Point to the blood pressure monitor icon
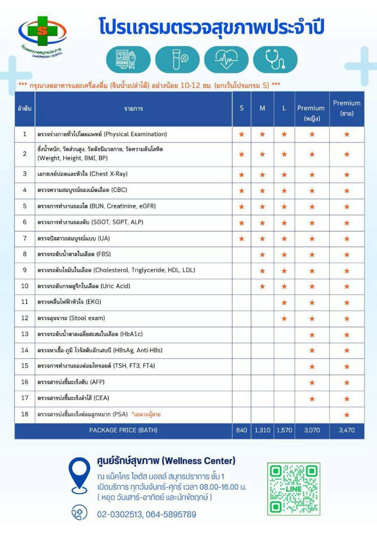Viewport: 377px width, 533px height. point(128,60)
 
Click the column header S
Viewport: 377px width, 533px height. point(242,108)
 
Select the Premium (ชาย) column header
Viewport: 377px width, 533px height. point(347,108)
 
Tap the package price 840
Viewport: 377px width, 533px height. point(242,430)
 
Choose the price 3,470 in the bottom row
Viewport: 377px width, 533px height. point(347,430)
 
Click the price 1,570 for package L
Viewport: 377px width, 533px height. point(284,430)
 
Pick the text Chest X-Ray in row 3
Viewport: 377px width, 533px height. point(108,174)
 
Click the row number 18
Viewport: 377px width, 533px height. point(25,414)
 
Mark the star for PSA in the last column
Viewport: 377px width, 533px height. point(347,415)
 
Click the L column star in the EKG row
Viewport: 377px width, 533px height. point(284,302)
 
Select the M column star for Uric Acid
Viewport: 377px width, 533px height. point(262,286)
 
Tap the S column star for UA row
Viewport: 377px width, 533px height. point(242,239)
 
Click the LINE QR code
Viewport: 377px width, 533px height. point(293,488)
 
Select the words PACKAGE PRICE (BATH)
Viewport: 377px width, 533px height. point(123,430)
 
